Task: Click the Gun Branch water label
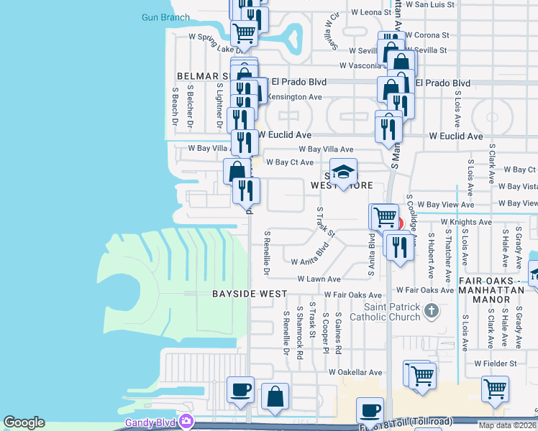click(165, 17)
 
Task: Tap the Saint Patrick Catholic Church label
click(386, 312)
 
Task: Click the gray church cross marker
click(431, 310)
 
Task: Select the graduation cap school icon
click(344, 172)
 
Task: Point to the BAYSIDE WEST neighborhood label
click(250, 294)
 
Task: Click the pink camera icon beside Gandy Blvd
click(187, 420)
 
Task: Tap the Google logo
click(24, 423)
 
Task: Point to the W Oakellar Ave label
click(355, 372)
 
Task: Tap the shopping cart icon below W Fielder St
click(496, 389)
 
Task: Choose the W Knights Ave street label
click(466, 222)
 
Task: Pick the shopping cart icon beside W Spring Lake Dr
click(245, 32)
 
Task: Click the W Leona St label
click(370, 12)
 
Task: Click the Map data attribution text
click(506, 425)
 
